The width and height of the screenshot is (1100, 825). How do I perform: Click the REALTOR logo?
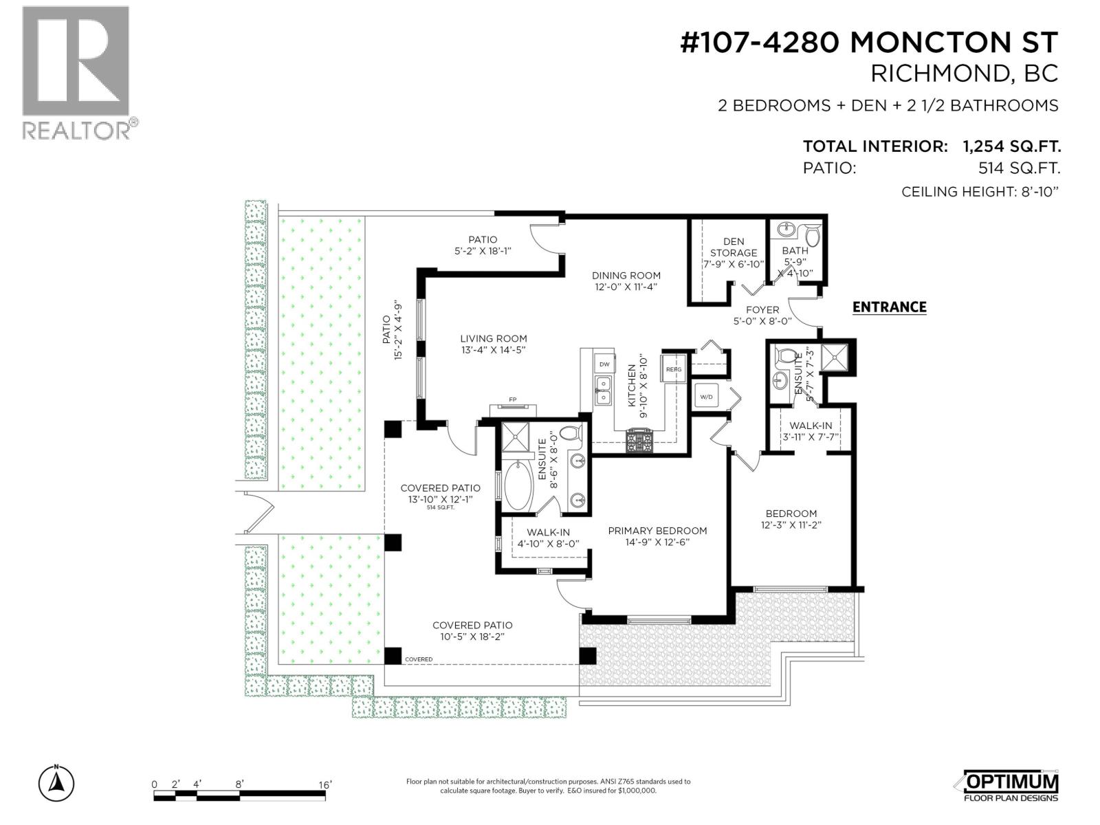tap(76, 71)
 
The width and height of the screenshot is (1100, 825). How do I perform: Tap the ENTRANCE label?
tap(889, 307)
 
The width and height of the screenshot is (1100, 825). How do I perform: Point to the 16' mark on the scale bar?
tap(325, 784)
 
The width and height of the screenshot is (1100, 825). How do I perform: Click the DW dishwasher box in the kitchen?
tap(604, 364)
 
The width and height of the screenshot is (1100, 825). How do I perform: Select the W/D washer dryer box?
tap(706, 397)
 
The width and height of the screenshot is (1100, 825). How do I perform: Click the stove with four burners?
tap(639, 440)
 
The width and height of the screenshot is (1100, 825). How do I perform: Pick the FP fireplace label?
tap(512, 399)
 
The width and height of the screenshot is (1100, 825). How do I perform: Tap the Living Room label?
tap(494, 344)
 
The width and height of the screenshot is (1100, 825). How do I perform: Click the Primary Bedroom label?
tap(657, 536)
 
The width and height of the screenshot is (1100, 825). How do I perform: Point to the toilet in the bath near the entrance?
tap(813, 236)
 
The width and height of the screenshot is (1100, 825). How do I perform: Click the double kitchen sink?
tap(603, 391)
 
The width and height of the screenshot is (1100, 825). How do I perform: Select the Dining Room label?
tap(626, 280)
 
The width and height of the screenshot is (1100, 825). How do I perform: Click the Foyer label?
tap(762, 315)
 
